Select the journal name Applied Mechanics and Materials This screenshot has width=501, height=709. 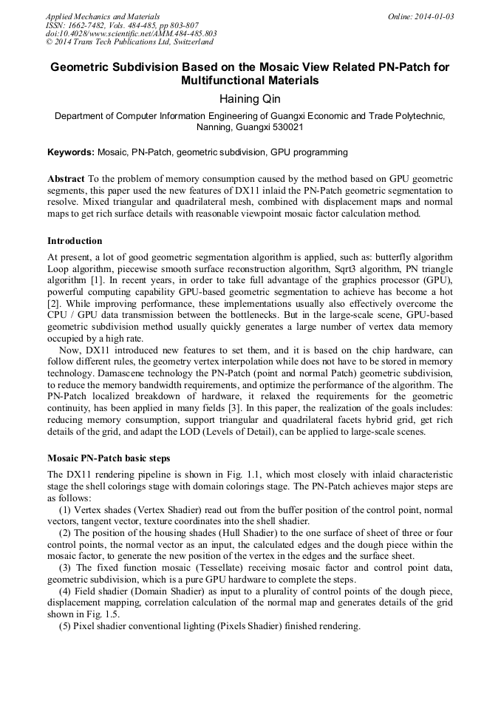(x=102, y=16)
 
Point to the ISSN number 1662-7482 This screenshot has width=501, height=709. (x=85, y=25)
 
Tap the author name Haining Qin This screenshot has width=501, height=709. (x=250, y=98)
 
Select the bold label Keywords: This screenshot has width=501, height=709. (x=71, y=152)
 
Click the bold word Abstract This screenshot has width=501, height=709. (x=66, y=179)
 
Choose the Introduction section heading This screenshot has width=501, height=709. (x=75, y=240)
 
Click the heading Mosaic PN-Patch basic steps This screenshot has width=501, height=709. (x=109, y=458)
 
